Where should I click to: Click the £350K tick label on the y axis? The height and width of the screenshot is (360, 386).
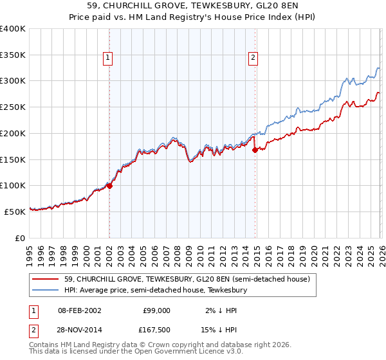13,55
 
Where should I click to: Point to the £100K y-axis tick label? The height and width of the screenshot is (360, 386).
13,186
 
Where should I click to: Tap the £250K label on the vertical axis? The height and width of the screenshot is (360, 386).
13,107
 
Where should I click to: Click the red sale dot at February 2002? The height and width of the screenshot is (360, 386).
109,186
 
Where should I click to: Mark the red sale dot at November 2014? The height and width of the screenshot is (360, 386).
255,150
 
